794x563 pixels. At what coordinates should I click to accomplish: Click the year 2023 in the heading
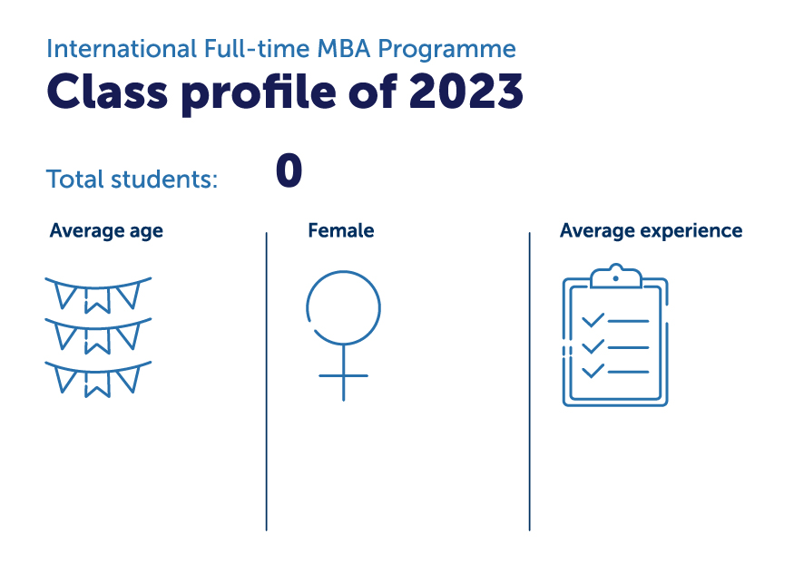tap(466, 90)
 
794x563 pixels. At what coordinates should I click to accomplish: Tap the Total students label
tap(132, 179)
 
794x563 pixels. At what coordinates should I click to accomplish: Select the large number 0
tap(289, 171)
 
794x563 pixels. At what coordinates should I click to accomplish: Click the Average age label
tap(106, 231)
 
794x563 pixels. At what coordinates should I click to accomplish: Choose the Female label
tap(341, 231)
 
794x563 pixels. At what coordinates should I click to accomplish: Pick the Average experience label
tap(651, 231)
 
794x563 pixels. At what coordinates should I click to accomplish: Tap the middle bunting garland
tap(98, 335)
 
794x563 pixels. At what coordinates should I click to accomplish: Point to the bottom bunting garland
tap(98, 378)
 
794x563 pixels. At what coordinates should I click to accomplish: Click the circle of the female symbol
tap(343, 308)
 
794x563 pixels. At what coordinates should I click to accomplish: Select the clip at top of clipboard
tap(615, 274)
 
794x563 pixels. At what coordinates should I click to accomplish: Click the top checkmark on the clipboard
tap(593, 321)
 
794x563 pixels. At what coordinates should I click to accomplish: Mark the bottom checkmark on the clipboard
tap(593, 371)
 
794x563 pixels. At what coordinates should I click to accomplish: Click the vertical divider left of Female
tap(267, 381)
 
